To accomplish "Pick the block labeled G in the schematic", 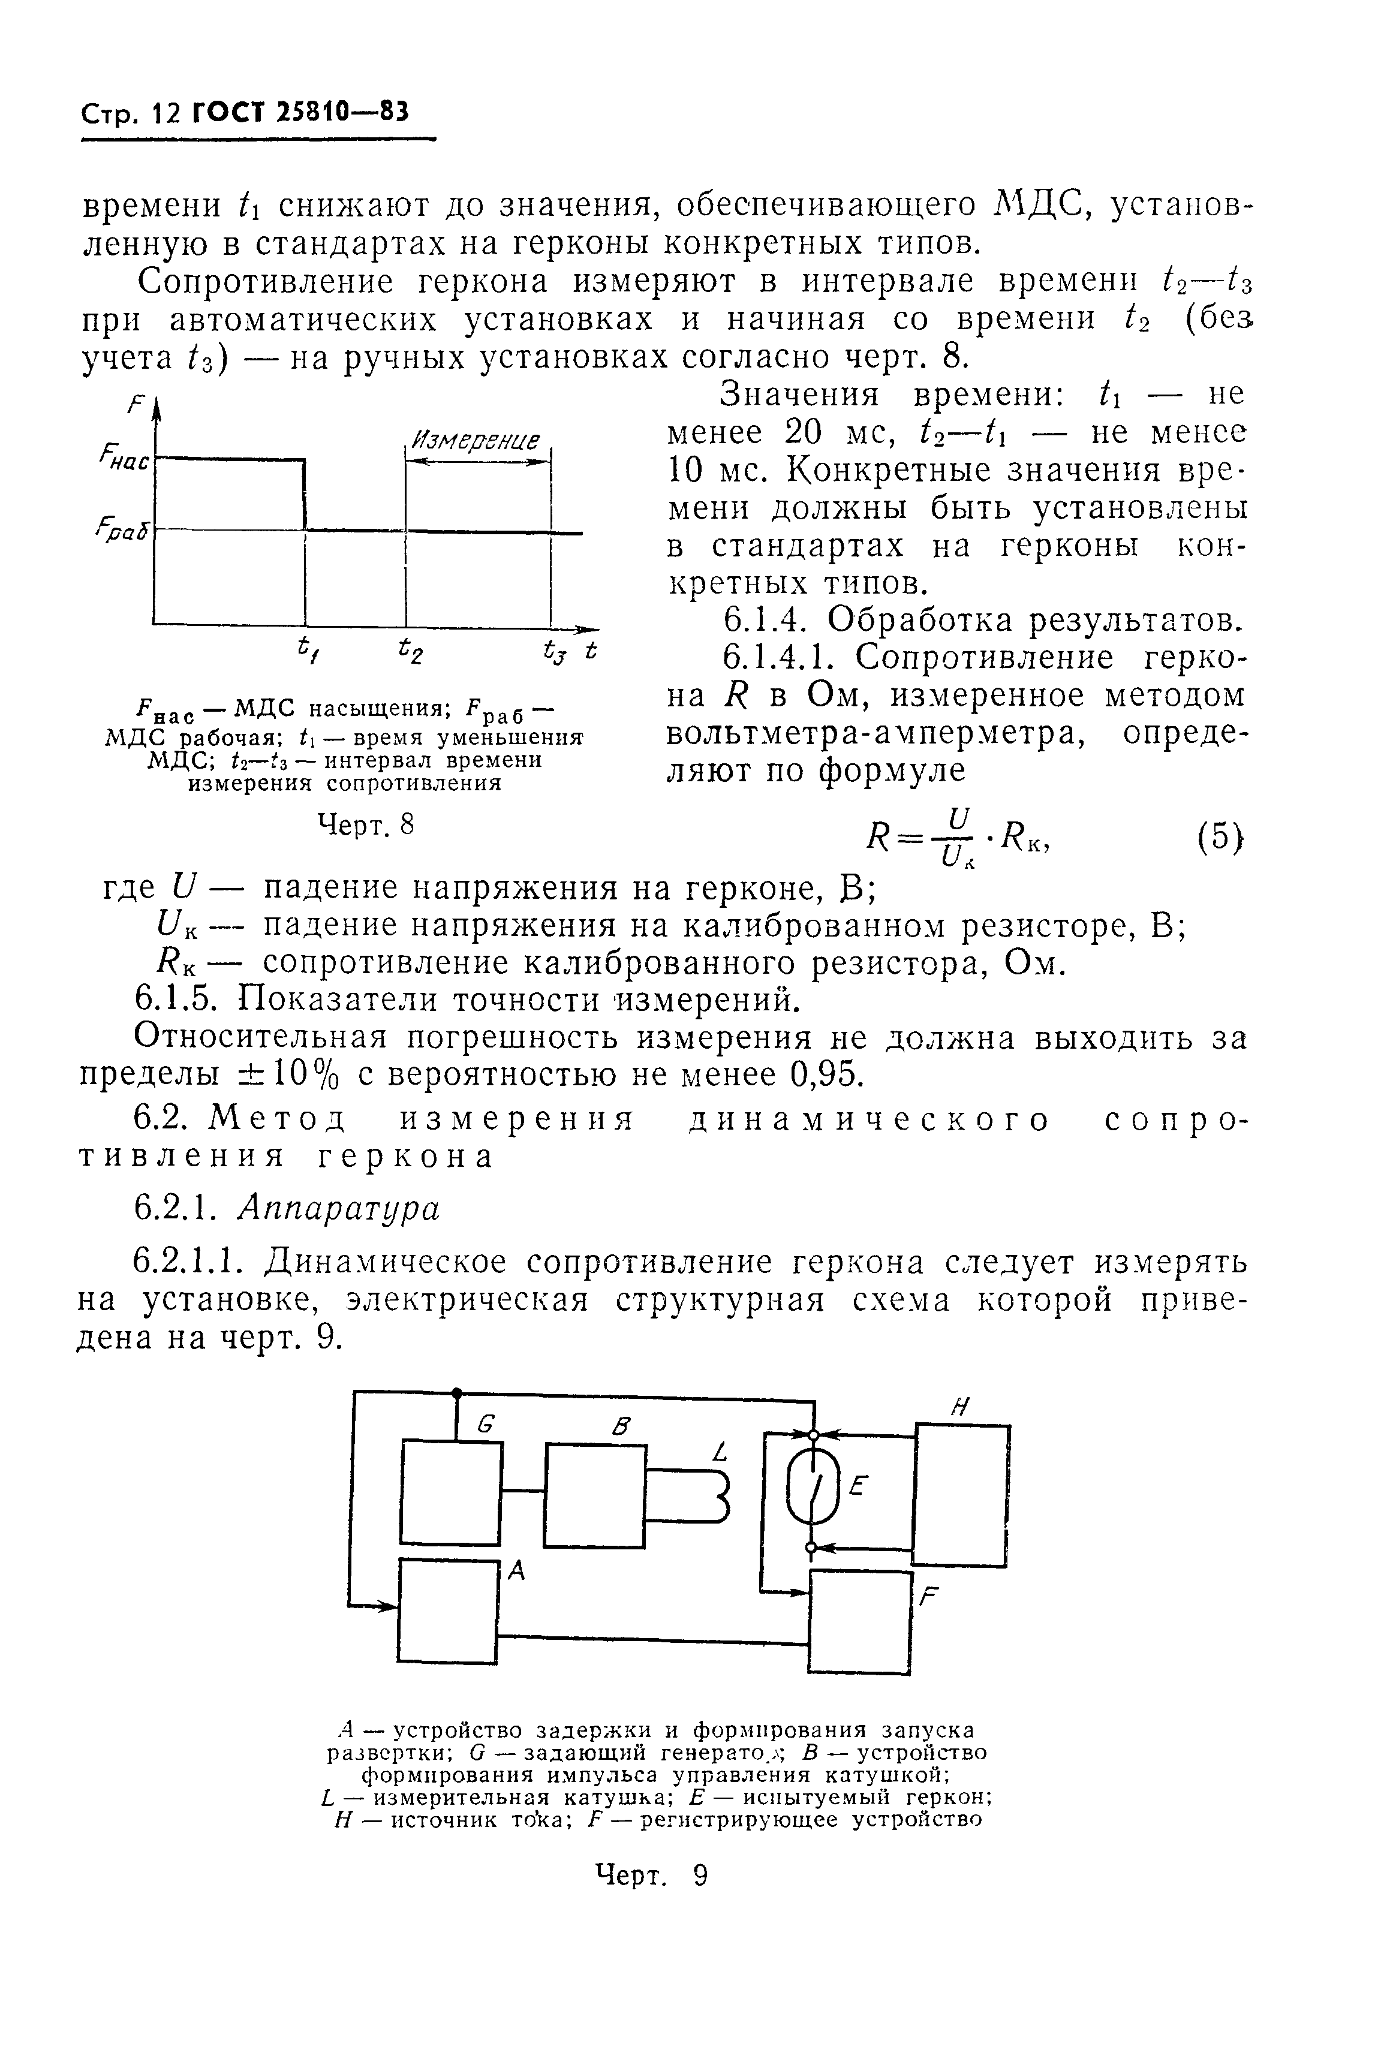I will [x=451, y=1492].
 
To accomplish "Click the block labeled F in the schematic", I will [x=861, y=1622].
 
